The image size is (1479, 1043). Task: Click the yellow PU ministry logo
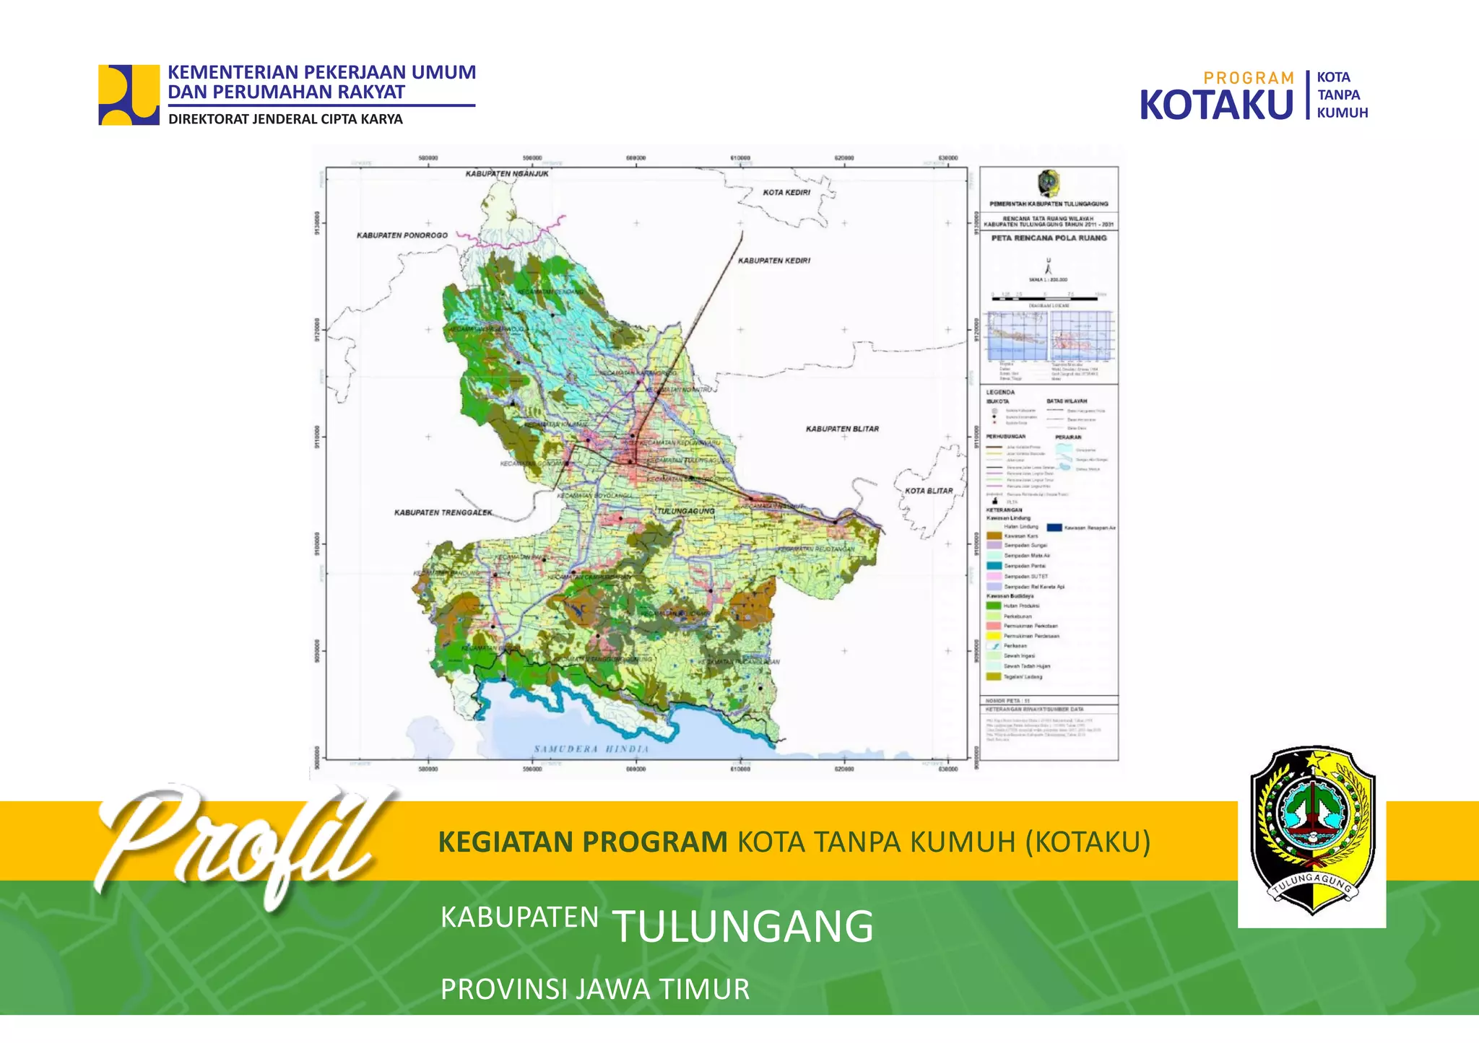tap(129, 95)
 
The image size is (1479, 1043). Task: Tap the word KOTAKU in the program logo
tap(1216, 105)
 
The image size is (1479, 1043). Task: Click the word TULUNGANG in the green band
tap(743, 926)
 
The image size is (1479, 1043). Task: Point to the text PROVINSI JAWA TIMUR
tap(595, 989)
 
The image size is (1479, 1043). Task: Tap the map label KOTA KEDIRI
tap(786, 193)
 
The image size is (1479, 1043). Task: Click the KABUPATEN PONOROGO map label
tap(402, 235)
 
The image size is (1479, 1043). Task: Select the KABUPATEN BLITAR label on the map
tap(842, 429)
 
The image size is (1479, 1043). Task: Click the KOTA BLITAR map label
tap(929, 491)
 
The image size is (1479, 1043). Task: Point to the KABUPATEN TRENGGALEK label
tap(443, 512)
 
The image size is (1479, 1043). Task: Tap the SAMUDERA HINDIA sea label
tap(591, 749)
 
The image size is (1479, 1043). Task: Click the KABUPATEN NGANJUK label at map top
tap(507, 174)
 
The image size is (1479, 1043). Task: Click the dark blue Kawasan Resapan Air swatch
tap(1054, 528)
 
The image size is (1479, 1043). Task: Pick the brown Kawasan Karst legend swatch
tap(994, 536)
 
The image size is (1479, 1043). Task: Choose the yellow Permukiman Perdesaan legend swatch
tap(994, 636)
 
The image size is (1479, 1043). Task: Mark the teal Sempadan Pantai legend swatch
tap(994, 566)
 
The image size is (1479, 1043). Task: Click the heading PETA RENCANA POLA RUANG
tap(1049, 237)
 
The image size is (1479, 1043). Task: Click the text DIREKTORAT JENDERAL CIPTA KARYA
tap(285, 119)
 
